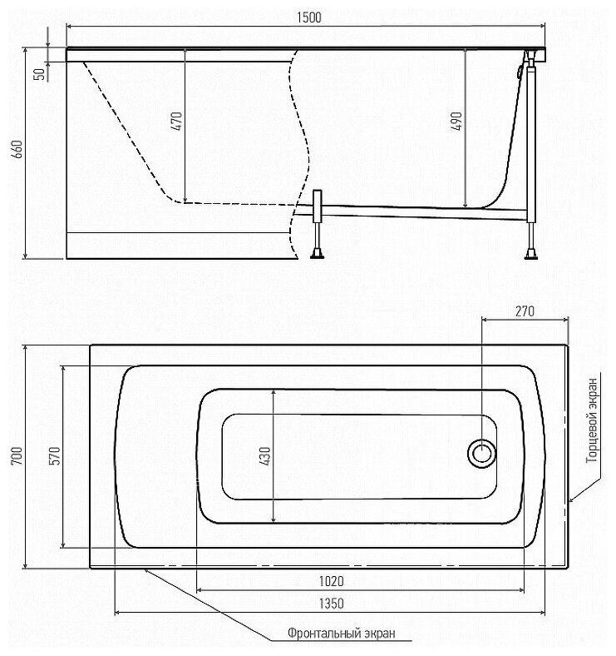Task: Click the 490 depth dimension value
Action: (x=456, y=122)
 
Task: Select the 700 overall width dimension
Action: (x=17, y=456)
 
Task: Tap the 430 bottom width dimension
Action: (x=264, y=456)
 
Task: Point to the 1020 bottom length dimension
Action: (x=332, y=581)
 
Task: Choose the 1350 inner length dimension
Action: (x=330, y=604)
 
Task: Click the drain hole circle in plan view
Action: (x=481, y=454)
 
